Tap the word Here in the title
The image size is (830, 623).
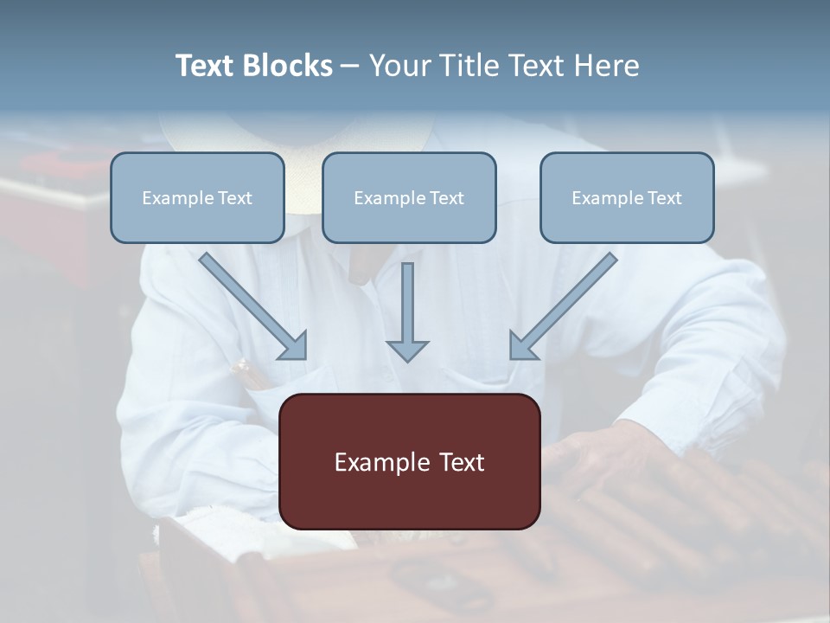(x=605, y=66)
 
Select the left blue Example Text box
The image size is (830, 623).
(x=197, y=197)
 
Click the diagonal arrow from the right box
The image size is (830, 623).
(x=564, y=305)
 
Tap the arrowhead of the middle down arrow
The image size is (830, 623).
(x=407, y=350)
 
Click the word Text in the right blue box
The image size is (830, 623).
(x=665, y=198)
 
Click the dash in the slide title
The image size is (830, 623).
(x=350, y=66)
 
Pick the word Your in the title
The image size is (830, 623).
(x=398, y=66)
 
